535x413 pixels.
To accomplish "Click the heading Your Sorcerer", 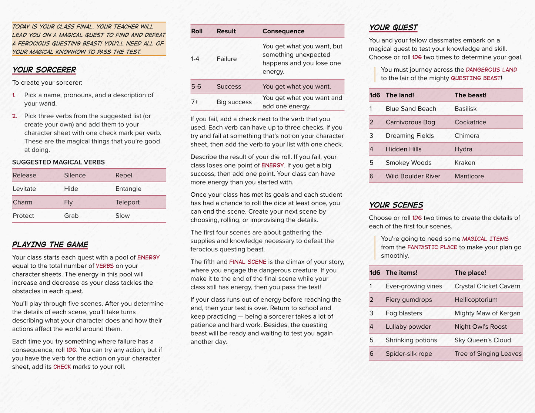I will point(44,70).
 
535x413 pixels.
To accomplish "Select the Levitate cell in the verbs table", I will point(24,189).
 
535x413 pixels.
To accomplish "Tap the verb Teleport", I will point(127,202).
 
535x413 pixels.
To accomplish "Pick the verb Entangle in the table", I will point(128,189).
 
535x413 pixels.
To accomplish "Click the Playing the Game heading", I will point(50,244).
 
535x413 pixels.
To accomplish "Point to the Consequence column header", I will point(283,31).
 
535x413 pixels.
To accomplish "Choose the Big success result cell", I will point(234,102).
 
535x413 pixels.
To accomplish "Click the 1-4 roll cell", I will point(195,59).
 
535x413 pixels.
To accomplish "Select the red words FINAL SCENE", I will point(248,262).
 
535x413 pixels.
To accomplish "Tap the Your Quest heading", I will point(393,28).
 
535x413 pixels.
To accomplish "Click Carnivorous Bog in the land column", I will point(410,122).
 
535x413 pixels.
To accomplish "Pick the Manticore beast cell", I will point(469,176).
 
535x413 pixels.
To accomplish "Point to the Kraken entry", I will point(465,163).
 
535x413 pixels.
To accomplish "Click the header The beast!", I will point(470,95).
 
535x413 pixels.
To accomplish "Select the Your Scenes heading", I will point(396,205).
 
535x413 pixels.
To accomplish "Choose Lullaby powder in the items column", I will point(408,327).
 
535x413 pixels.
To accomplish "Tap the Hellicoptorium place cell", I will point(476,300).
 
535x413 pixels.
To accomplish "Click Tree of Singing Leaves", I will point(488,354).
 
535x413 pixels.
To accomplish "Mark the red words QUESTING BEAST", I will point(475,78).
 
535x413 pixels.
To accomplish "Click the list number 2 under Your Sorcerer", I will point(14,116).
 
